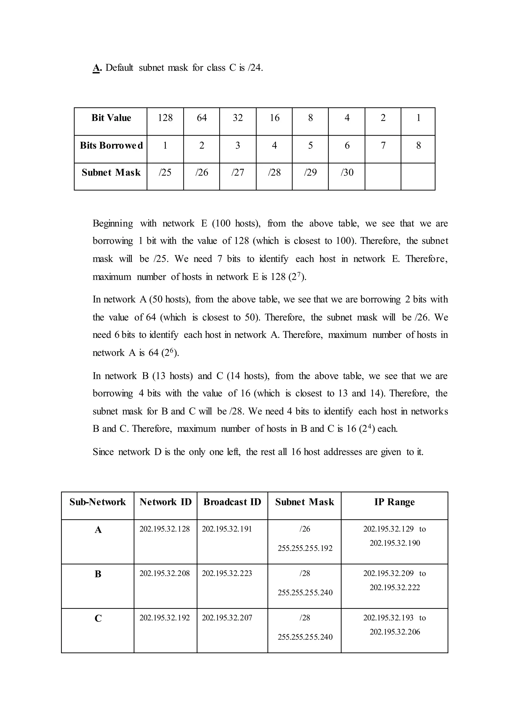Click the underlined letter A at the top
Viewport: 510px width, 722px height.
click(96, 68)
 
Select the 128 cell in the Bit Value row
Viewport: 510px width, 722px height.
click(165, 118)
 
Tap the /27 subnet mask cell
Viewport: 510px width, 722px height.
click(238, 172)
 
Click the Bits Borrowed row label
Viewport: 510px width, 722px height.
click(111, 145)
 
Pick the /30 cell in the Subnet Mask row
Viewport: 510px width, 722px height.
click(347, 172)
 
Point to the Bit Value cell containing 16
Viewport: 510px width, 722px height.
click(274, 118)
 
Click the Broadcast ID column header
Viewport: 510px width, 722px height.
click(232, 502)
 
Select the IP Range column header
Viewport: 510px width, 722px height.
click(394, 502)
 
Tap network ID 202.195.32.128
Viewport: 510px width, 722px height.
click(165, 529)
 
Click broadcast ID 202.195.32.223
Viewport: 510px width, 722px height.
click(227, 573)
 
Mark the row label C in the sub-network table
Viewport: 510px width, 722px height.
click(98, 618)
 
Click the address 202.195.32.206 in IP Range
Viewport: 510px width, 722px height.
click(395, 632)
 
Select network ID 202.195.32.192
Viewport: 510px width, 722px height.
click(165, 618)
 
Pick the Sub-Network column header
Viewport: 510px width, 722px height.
click(98, 502)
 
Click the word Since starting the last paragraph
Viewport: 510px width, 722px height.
click(103, 452)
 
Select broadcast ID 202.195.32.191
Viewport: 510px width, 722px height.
click(227, 529)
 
